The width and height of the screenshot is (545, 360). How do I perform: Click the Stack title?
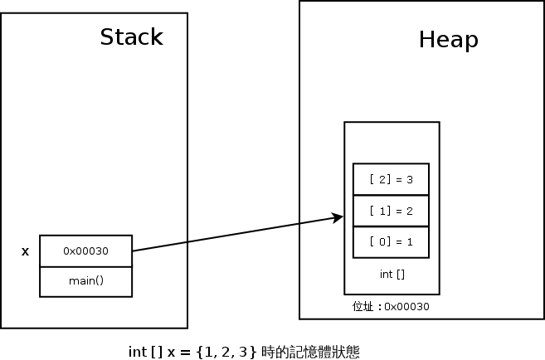[x=131, y=37]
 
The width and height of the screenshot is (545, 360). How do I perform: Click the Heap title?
[x=448, y=40]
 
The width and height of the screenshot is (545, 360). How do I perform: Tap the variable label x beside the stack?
[x=25, y=251]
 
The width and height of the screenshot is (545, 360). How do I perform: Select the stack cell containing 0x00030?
[x=86, y=251]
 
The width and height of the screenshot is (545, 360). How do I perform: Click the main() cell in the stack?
[x=86, y=280]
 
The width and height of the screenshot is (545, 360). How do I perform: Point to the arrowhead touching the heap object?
[x=338, y=217]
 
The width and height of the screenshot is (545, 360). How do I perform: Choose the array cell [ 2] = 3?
[x=391, y=178]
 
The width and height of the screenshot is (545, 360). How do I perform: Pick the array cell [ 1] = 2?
[x=391, y=210]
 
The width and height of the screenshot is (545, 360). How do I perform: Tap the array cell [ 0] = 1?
[x=391, y=241]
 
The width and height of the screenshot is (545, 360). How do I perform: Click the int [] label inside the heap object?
[x=391, y=273]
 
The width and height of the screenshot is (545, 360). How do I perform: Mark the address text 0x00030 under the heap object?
[x=406, y=307]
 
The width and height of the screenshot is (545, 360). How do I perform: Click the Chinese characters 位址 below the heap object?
[x=363, y=307]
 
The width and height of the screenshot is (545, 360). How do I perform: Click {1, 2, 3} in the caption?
[x=226, y=351]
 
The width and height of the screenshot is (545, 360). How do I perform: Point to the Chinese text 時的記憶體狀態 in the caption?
[x=310, y=351]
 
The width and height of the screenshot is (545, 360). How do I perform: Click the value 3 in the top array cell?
[x=410, y=178]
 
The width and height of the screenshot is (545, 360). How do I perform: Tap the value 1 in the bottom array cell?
[x=410, y=241]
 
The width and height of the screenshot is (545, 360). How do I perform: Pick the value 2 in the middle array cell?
[x=410, y=210]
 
